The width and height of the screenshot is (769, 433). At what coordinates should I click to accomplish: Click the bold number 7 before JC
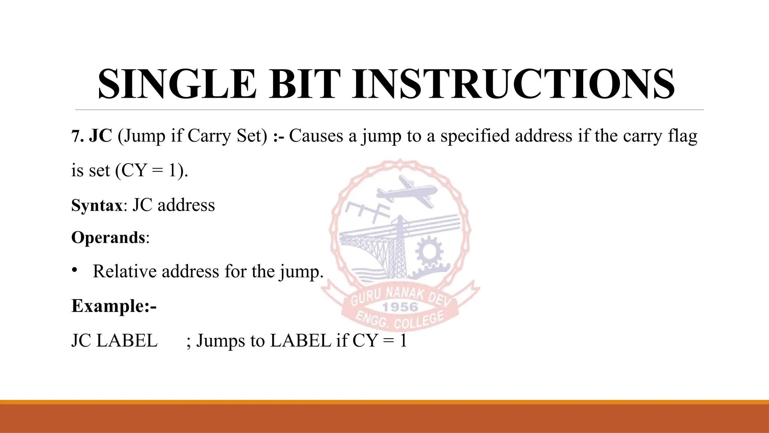(76, 136)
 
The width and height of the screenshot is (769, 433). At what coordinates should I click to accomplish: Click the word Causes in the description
(316, 136)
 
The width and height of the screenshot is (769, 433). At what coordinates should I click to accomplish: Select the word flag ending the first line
(682, 136)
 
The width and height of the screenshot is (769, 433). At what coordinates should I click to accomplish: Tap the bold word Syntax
(97, 206)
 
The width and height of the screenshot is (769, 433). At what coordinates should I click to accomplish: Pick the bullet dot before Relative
(75, 270)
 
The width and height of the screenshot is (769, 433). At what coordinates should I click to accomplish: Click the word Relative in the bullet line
(124, 271)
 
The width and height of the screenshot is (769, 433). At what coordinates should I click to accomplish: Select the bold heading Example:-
(114, 306)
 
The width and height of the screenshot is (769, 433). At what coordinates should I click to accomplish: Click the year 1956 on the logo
(400, 307)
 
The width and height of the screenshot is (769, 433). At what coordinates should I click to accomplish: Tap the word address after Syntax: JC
(186, 206)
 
